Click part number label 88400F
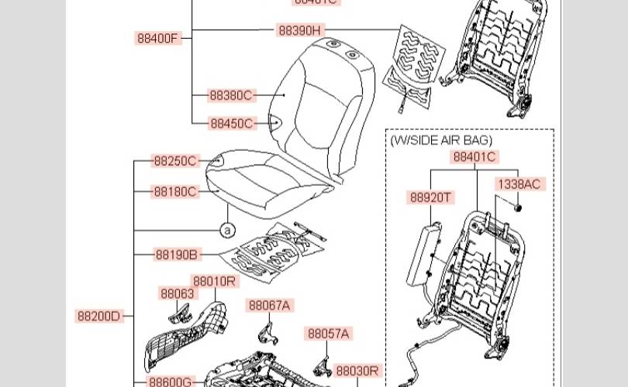click(158, 38)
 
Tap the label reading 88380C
click(231, 96)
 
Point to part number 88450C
click(231, 123)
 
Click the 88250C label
click(175, 161)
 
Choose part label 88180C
click(174, 191)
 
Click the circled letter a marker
click(226, 230)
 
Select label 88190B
click(176, 254)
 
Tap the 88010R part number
click(214, 281)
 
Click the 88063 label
click(178, 293)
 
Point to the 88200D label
click(98, 316)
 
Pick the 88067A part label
click(270, 306)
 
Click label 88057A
click(329, 334)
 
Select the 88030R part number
click(357, 371)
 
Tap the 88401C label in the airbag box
click(475, 157)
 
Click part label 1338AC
click(519, 184)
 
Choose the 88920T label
click(431, 197)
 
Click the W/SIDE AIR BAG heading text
click(441, 140)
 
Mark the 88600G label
click(171, 382)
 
